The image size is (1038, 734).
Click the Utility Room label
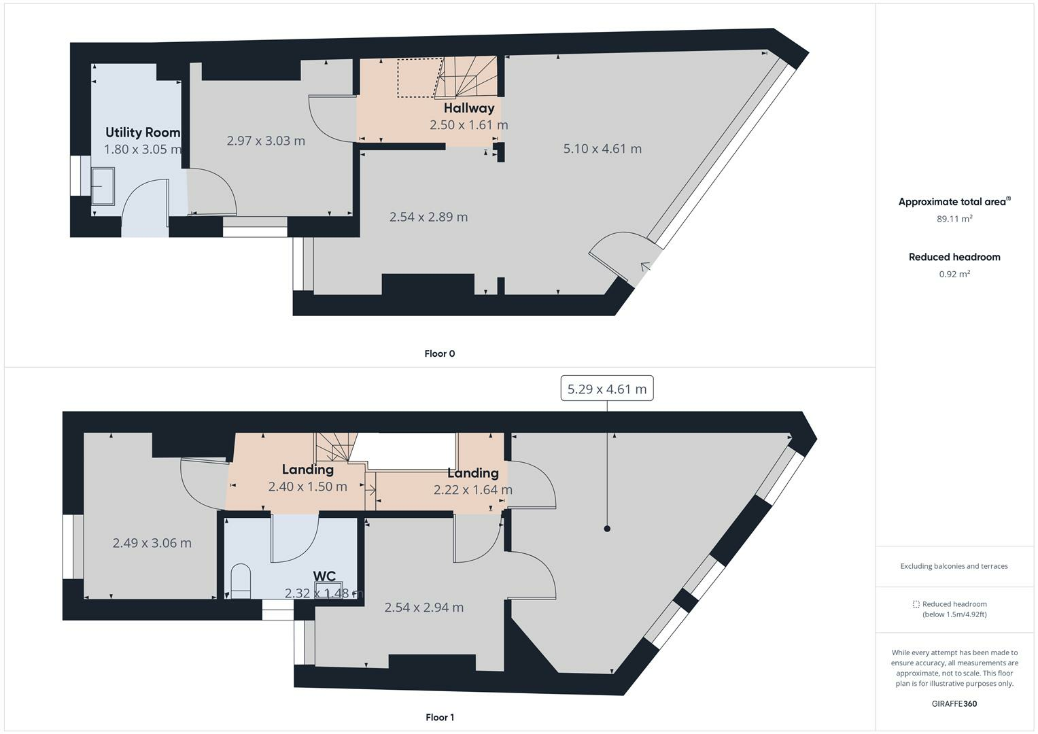pyautogui.click(x=143, y=133)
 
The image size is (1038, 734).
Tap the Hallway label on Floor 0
pyautogui.click(x=469, y=108)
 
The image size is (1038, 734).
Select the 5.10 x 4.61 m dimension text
pyautogui.click(x=602, y=149)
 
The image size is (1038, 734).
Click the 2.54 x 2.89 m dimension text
pyautogui.click(x=428, y=217)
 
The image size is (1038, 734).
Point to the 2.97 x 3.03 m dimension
pyautogui.click(x=266, y=141)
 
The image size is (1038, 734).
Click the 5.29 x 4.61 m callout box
pyautogui.click(x=606, y=389)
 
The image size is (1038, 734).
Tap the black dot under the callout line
pyautogui.click(x=607, y=529)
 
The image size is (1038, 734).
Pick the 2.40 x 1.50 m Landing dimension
pyautogui.click(x=307, y=487)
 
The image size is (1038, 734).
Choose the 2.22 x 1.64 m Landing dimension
pyautogui.click(x=473, y=490)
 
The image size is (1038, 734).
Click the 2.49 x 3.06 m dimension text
pyautogui.click(x=152, y=543)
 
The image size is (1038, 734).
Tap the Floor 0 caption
pyautogui.click(x=440, y=353)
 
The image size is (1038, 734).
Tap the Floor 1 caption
pyautogui.click(x=440, y=717)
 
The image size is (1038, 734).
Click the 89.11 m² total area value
pyautogui.click(x=954, y=219)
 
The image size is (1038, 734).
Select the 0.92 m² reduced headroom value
pyautogui.click(x=954, y=274)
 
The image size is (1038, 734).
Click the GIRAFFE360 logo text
pyautogui.click(x=954, y=703)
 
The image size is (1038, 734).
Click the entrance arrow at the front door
pyautogui.click(x=644, y=266)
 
